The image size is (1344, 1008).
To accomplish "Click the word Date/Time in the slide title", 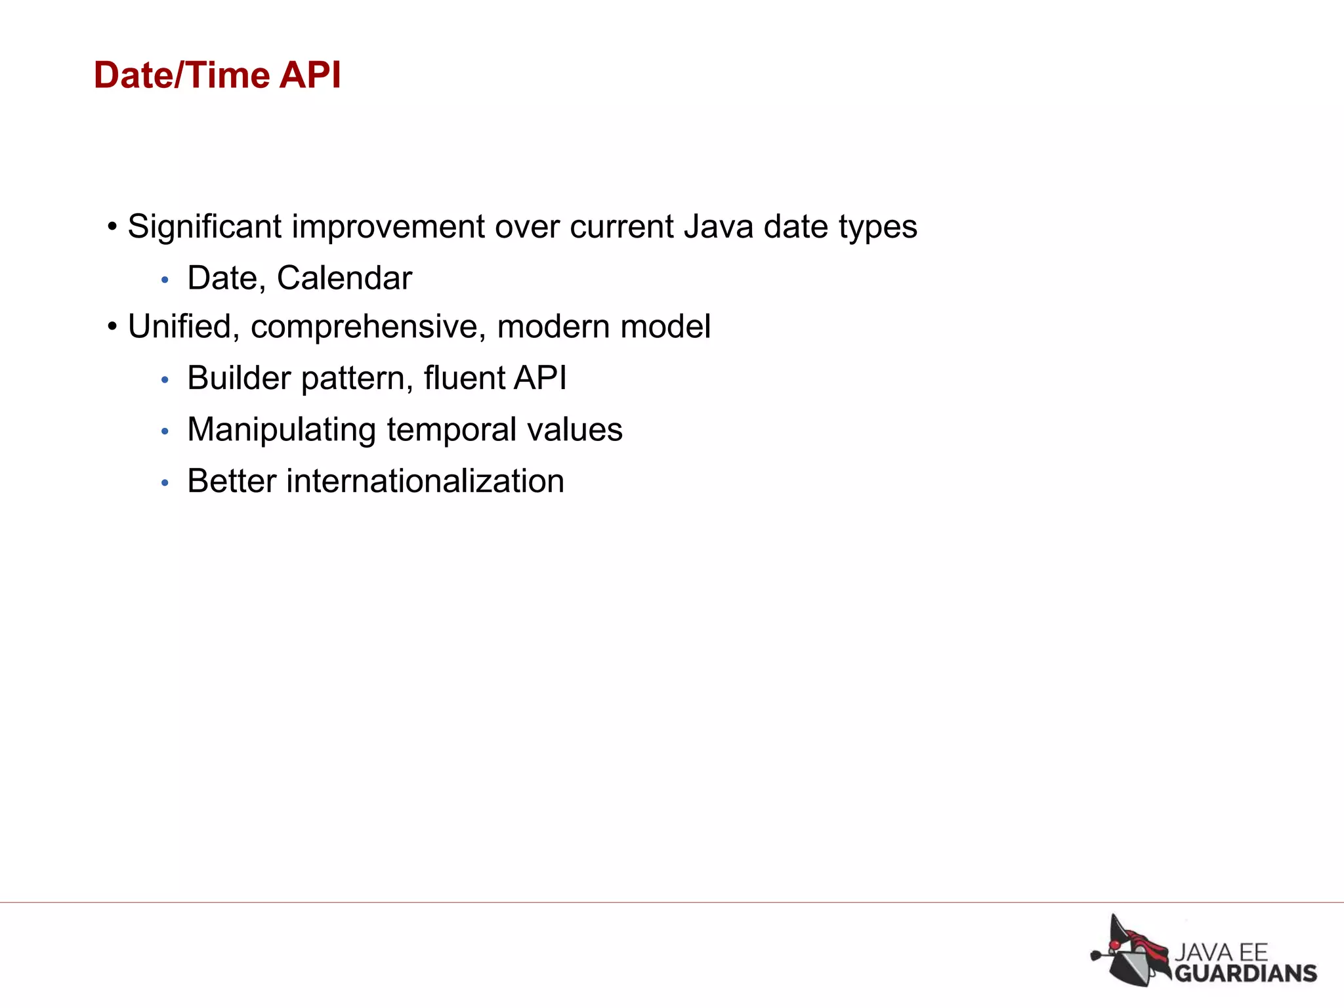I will [x=181, y=75].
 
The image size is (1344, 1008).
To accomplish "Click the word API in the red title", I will [x=310, y=75].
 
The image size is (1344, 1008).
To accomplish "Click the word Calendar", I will [x=345, y=278].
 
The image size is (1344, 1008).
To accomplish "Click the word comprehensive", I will [x=368, y=327].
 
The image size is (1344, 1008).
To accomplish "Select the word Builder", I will [x=239, y=378].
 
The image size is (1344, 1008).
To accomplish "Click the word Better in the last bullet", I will [x=232, y=481].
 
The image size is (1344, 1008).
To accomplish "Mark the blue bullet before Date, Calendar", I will [x=165, y=280].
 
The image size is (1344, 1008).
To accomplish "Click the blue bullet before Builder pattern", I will [x=165, y=380].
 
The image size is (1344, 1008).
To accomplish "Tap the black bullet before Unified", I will [x=113, y=326].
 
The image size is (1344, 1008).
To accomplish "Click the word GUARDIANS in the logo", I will [x=1245, y=973].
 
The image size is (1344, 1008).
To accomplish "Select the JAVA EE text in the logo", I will [x=1221, y=952].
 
